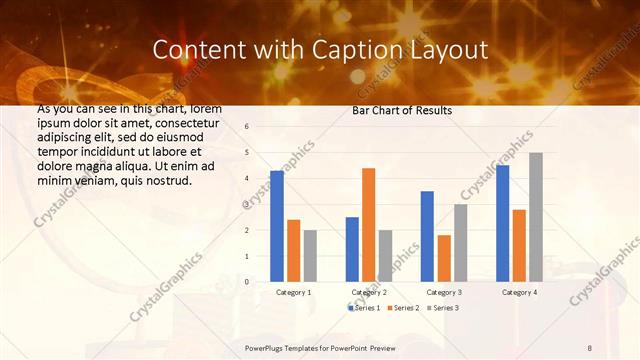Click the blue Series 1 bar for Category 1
(277, 226)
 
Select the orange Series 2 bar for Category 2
(368, 224)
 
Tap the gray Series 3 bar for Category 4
(535, 217)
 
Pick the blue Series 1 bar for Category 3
(427, 236)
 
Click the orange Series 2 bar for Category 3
(443, 258)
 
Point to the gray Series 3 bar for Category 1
(310, 255)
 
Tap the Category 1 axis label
(293, 292)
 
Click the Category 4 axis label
(518, 292)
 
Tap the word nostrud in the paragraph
(166, 180)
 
